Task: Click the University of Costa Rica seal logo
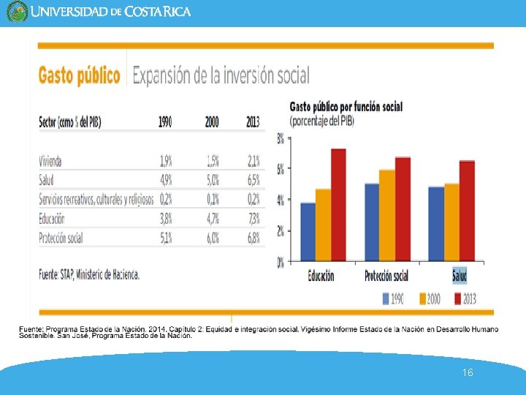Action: (x=16, y=12)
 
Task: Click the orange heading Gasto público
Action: (x=79, y=75)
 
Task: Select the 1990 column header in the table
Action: (x=166, y=122)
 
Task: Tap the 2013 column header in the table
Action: (x=253, y=122)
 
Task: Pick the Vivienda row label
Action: (x=50, y=161)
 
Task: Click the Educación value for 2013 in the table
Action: (x=253, y=218)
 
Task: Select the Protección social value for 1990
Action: (x=166, y=237)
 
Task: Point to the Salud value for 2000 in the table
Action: (x=212, y=180)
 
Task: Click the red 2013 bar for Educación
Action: (x=338, y=205)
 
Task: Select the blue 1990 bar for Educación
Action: (x=308, y=231)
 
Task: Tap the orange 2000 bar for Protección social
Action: (x=387, y=215)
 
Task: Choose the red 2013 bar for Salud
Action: (x=467, y=211)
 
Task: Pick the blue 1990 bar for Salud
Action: (x=436, y=223)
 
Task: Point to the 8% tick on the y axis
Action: (x=281, y=138)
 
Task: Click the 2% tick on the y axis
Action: (x=281, y=230)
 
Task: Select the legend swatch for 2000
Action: (x=423, y=298)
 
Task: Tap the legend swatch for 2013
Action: (x=458, y=298)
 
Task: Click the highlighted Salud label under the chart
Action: (x=460, y=276)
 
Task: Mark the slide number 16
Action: (x=468, y=373)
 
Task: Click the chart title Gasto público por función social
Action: (x=346, y=107)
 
